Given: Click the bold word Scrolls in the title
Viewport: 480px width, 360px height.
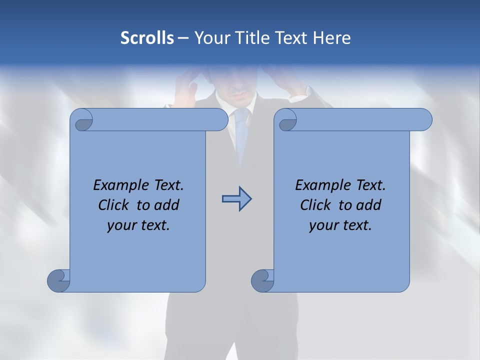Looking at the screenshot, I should pos(147,38).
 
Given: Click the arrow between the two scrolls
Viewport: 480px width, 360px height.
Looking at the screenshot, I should pos(236,199).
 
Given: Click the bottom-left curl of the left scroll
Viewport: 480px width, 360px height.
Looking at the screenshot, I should pos(58,280).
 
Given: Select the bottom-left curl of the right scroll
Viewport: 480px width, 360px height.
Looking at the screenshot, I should pos(262,280).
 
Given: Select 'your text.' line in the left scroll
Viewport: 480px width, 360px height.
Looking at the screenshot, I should pos(138,225).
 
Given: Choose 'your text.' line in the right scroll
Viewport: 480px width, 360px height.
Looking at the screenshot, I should pos(340,225).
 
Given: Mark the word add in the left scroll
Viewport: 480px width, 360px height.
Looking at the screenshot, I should pos(167,205).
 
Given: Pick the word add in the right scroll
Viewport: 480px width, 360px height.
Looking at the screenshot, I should pos(369,205).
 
